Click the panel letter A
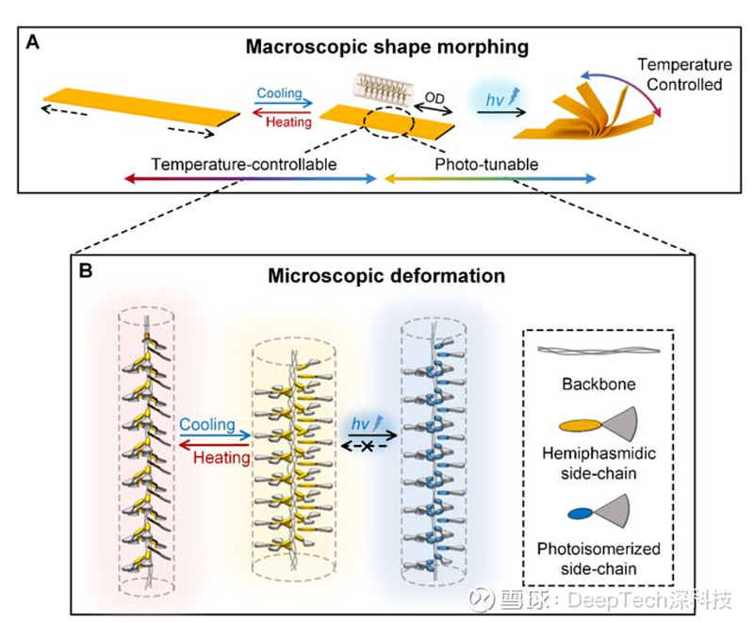pyautogui.click(x=32, y=42)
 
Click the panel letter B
pyautogui.click(x=86, y=271)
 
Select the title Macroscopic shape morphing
pyautogui.click(x=387, y=47)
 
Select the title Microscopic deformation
pyautogui.click(x=386, y=276)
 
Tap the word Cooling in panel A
pyautogui.click(x=279, y=92)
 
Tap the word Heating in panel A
pyautogui.click(x=288, y=122)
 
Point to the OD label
pyautogui.click(x=434, y=98)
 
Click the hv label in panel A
pyautogui.click(x=495, y=99)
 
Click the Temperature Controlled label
pyautogui.click(x=685, y=74)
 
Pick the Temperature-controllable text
pyautogui.click(x=244, y=164)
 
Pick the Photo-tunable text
pyautogui.click(x=486, y=164)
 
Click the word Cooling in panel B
pyautogui.click(x=207, y=424)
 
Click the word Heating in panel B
pyautogui.click(x=221, y=457)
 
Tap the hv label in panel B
pyautogui.click(x=360, y=423)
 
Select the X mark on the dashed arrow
pyautogui.click(x=367, y=447)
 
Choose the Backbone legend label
pyautogui.click(x=598, y=385)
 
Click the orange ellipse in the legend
pyautogui.click(x=580, y=425)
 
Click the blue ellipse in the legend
pyautogui.click(x=581, y=514)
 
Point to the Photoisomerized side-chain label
pyautogui.click(x=598, y=559)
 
